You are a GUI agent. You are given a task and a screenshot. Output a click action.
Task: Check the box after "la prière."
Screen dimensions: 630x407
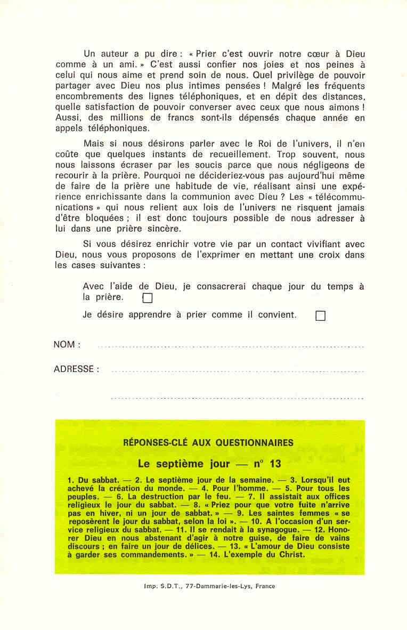pos(148,298)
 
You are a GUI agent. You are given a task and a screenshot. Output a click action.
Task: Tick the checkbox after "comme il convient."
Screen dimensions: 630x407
pos(320,316)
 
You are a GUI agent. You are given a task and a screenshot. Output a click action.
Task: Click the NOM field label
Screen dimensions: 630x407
pos(67,344)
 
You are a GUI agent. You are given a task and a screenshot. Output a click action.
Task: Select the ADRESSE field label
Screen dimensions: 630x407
pos(76,369)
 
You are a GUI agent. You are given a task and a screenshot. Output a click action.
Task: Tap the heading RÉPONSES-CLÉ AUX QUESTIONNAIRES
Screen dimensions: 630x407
pos(208,442)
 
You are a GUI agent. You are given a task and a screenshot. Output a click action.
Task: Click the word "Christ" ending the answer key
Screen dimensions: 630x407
pos(291,555)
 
